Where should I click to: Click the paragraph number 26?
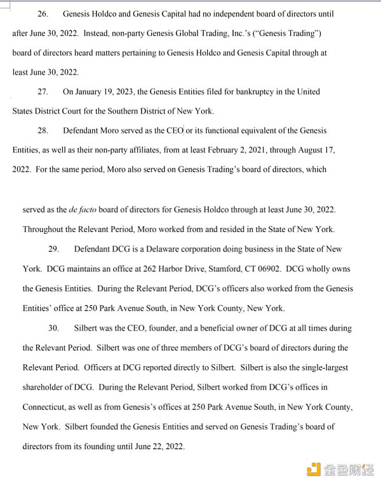point(43,13)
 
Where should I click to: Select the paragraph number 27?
point(43,92)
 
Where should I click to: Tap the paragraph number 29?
point(54,249)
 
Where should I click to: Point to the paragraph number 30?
point(54,328)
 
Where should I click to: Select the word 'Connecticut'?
point(46,407)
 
